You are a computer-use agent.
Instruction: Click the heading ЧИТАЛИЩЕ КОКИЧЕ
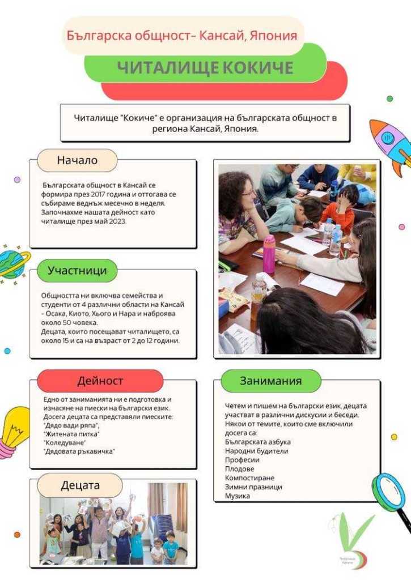tap(205, 68)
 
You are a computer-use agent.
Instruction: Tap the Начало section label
tap(77, 160)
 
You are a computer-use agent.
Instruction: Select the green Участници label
tap(77, 271)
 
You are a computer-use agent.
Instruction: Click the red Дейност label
tap(100, 381)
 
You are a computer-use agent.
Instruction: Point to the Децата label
tap(80, 485)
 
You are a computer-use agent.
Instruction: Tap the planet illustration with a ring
tap(12, 262)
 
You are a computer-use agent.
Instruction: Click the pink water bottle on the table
tap(269, 254)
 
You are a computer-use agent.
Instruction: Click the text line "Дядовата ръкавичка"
tap(79, 451)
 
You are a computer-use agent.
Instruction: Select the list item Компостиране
tap(249, 478)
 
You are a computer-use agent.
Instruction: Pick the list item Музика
tap(238, 496)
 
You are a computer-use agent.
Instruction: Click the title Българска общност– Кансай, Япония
tap(181, 36)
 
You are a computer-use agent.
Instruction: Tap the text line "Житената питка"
tap(71, 434)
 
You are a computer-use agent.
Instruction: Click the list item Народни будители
tap(256, 451)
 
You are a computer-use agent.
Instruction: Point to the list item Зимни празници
tap(253, 487)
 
